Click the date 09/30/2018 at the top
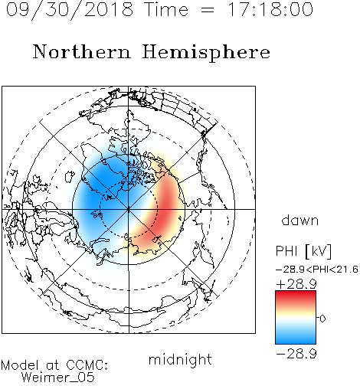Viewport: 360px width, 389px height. click(70, 10)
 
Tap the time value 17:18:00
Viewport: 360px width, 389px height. click(270, 9)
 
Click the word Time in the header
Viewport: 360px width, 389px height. click(166, 9)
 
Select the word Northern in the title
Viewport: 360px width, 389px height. click(82, 51)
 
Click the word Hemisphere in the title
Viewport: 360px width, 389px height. click(206, 52)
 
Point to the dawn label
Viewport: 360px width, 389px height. click(300, 221)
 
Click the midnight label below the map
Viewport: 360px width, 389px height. click(180, 360)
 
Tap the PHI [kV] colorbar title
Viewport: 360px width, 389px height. click(303, 251)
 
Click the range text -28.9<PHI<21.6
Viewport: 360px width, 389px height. click(317, 270)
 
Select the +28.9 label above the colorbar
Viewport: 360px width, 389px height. click(296, 284)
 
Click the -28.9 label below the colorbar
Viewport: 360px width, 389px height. click(296, 354)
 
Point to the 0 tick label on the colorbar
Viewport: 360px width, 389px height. click(322, 319)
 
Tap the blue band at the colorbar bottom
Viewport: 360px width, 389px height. click(296, 338)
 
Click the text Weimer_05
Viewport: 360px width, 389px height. click(58, 377)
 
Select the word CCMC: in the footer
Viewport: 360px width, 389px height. click(87, 365)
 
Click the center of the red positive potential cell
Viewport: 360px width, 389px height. click(166, 207)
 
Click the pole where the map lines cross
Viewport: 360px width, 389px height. click(129, 209)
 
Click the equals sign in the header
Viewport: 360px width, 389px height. click(208, 10)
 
